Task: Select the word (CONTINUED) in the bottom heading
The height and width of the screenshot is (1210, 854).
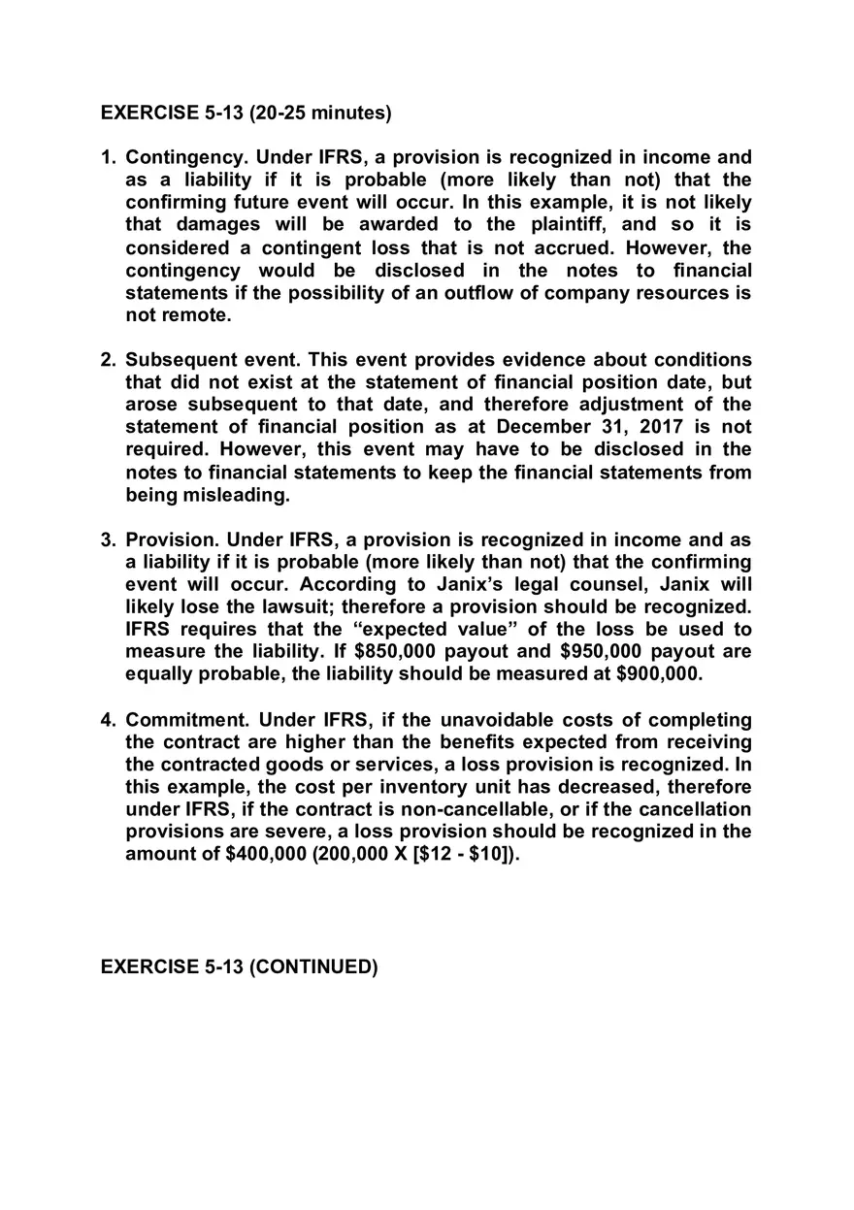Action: point(313,967)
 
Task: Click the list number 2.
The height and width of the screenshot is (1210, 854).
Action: point(109,360)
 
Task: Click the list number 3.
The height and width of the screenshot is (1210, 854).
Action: point(109,540)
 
